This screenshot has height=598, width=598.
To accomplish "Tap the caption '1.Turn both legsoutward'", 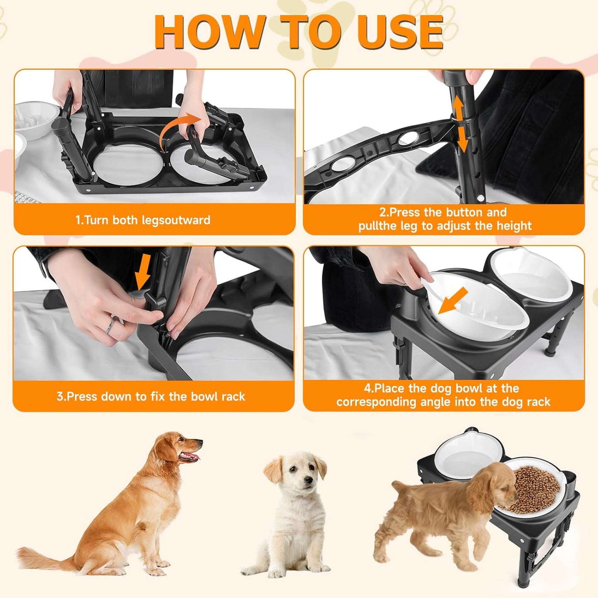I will [x=143, y=220].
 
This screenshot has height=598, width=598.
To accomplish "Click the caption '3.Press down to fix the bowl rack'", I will [x=151, y=396].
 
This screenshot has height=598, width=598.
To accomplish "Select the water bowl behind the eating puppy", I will [x=459, y=455].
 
